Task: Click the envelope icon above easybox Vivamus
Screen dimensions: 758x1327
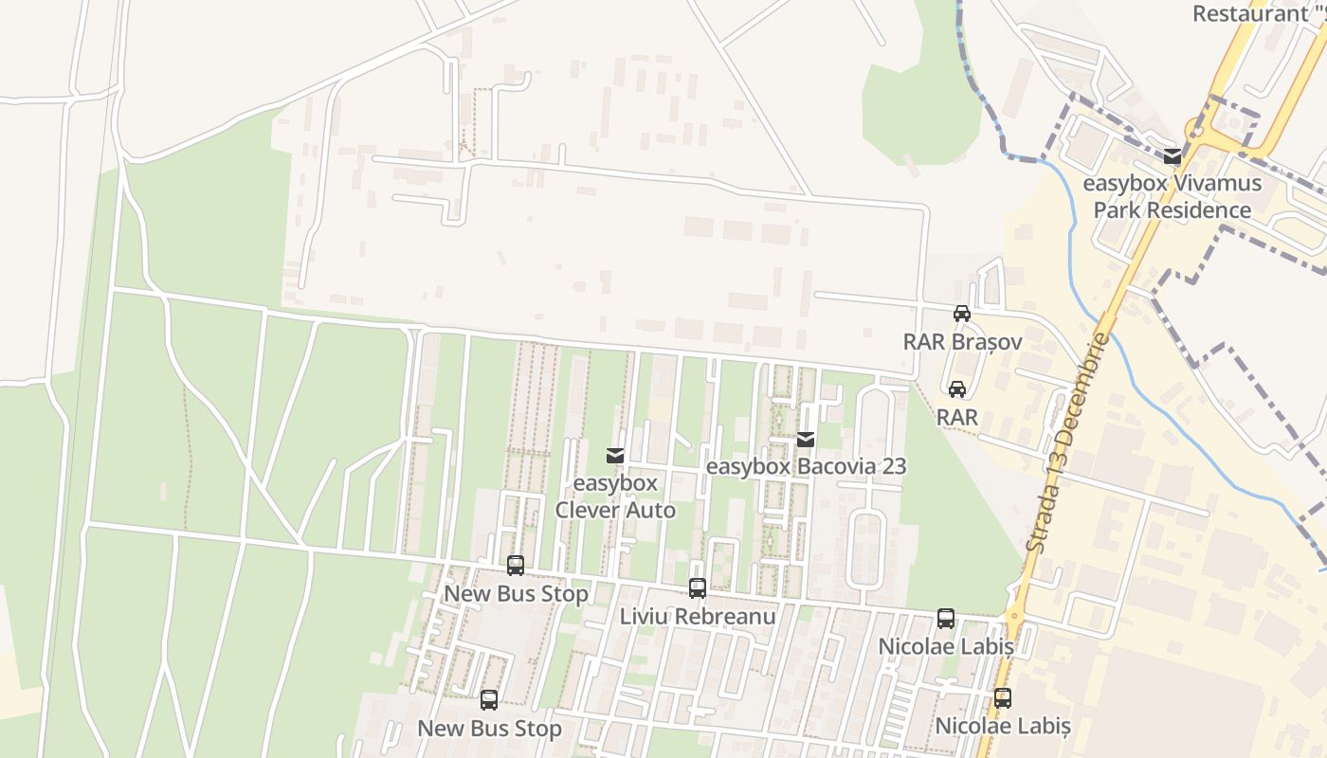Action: coord(1172,156)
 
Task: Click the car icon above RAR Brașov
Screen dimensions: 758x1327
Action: coord(961,314)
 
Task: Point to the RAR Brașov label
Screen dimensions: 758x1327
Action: coord(962,341)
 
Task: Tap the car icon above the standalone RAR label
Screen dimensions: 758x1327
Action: coord(957,388)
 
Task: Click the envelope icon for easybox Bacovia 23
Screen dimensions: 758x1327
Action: coord(806,439)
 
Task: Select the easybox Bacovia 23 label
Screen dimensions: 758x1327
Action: coord(806,466)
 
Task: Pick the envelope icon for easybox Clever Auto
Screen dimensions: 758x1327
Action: coord(615,456)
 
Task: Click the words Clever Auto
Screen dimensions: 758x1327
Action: coord(615,511)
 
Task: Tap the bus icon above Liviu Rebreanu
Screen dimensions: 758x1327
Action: coord(698,588)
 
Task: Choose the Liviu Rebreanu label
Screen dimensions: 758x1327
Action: coord(698,617)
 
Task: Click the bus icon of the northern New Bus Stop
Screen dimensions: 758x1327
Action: coord(516,566)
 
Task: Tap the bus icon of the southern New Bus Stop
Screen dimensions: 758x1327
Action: coord(489,700)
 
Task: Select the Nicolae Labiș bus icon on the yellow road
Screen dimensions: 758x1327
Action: coord(1003,698)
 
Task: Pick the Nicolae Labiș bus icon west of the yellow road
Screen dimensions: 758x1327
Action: coord(946,619)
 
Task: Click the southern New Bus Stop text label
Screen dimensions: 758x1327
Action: coord(489,729)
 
